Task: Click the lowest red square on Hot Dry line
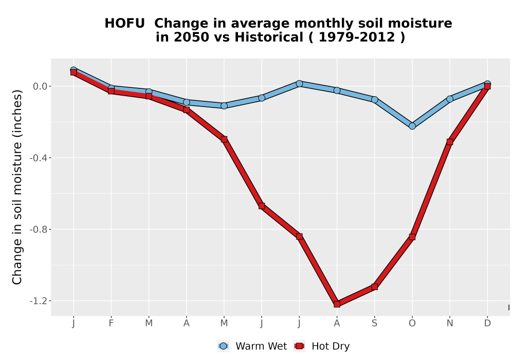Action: pyautogui.click(x=337, y=304)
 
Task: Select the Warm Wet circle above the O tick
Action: pyautogui.click(x=412, y=126)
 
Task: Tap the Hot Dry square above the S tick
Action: pyautogui.click(x=374, y=287)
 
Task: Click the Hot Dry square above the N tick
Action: pyautogui.click(x=450, y=142)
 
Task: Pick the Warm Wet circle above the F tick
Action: pyautogui.click(x=111, y=88)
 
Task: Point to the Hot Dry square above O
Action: pyautogui.click(x=412, y=237)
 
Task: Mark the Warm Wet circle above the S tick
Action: pyautogui.click(x=374, y=99)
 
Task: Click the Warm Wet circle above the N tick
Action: pyautogui.click(x=450, y=99)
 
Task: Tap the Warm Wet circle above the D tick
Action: pyautogui.click(x=487, y=84)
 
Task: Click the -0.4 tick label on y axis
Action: pyautogui.click(x=39, y=158)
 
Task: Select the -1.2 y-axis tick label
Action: pyautogui.click(x=39, y=301)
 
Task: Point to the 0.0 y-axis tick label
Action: pyautogui.click(x=40, y=86)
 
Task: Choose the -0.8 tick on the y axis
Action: pyautogui.click(x=39, y=229)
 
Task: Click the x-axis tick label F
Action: pyautogui.click(x=111, y=323)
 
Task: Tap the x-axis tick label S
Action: pyautogui.click(x=374, y=323)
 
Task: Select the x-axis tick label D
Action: pyautogui.click(x=487, y=323)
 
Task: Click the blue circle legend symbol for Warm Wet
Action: pyautogui.click(x=223, y=346)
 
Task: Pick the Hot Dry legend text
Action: pyautogui.click(x=331, y=346)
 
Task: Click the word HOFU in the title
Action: pyautogui.click(x=124, y=24)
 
